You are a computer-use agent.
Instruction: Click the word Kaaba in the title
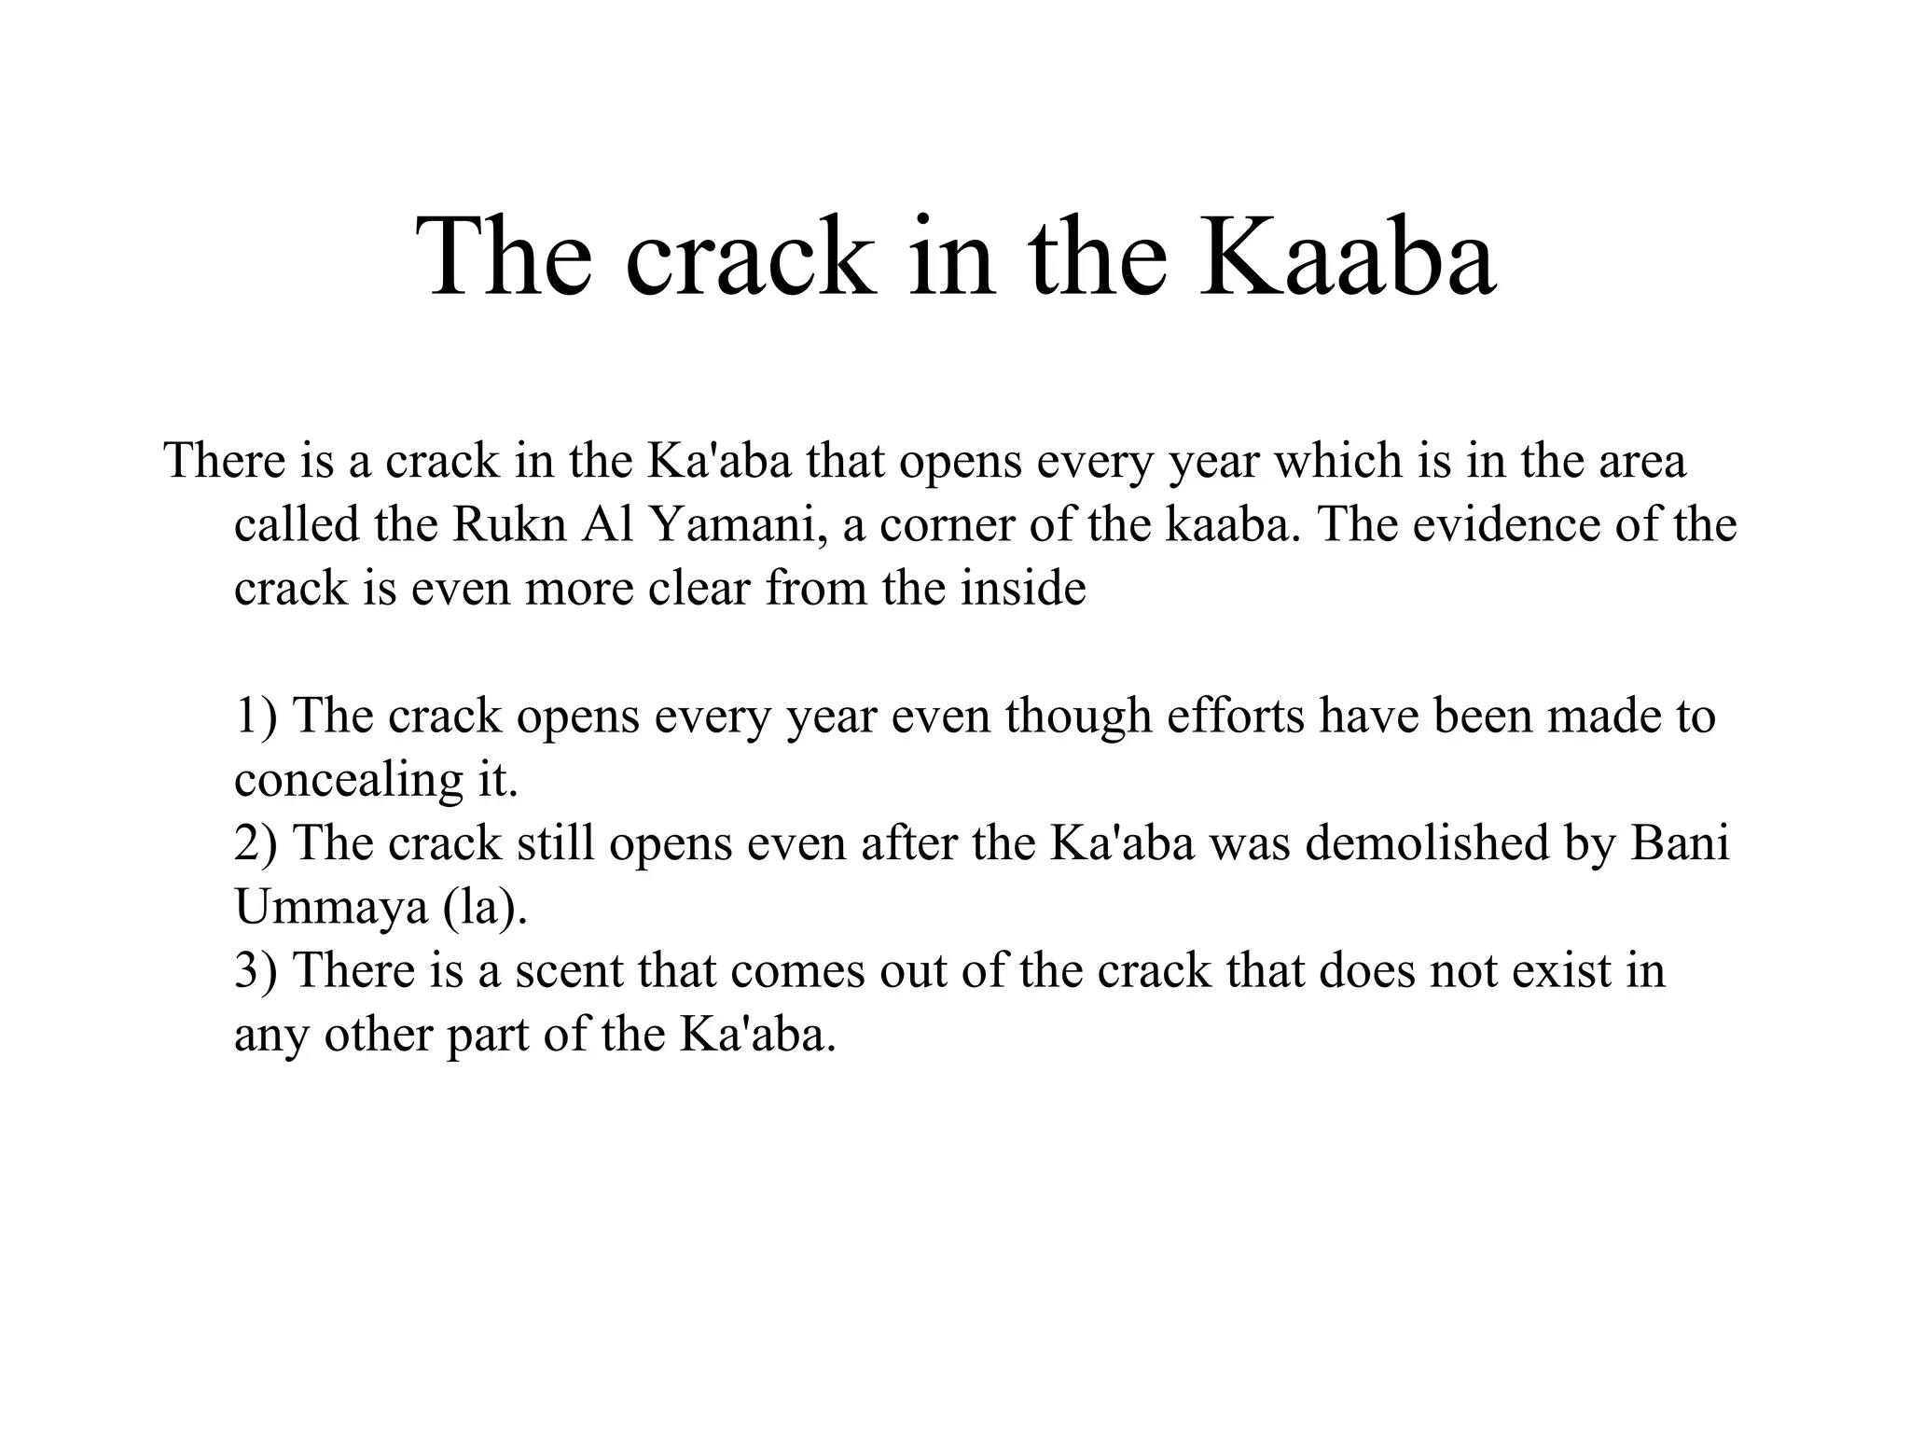[x=1349, y=257]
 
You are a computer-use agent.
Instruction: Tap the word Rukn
[x=509, y=525]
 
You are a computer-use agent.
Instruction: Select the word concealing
[x=346, y=780]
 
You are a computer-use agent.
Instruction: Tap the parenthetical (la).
[x=486, y=907]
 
